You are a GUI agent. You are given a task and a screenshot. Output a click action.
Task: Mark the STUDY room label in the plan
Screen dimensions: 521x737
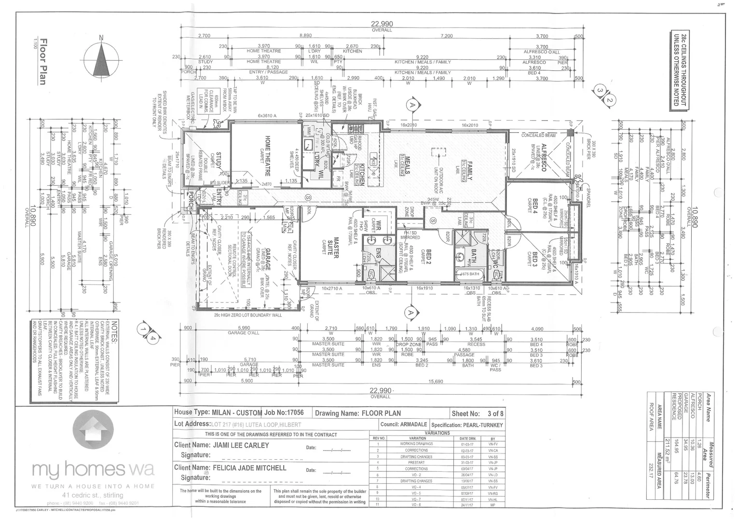(x=218, y=160)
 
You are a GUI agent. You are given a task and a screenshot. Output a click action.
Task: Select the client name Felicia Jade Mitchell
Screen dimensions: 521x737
(x=250, y=467)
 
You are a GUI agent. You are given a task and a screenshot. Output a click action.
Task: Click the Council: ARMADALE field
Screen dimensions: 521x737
(x=404, y=425)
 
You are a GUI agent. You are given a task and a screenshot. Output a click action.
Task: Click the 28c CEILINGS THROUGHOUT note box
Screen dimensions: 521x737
(x=679, y=69)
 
